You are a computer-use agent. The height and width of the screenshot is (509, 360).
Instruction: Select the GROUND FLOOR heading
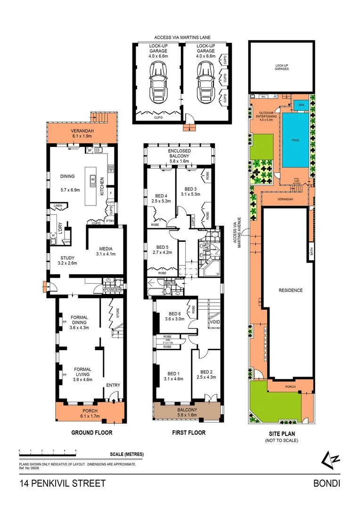[91, 432]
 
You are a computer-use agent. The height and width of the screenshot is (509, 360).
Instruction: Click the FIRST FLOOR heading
[187, 432]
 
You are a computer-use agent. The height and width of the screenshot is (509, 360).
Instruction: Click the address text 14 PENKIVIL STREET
[63, 483]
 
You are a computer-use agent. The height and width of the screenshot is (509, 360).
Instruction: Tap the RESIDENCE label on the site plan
[290, 290]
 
